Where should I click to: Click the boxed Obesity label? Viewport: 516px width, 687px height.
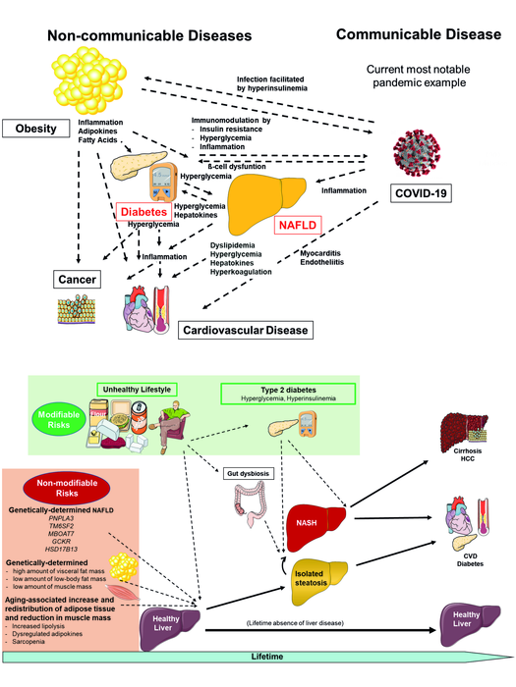click(35, 129)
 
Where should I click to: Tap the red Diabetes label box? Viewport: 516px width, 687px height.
click(143, 211)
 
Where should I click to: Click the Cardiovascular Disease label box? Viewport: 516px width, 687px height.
click(246, 330)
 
